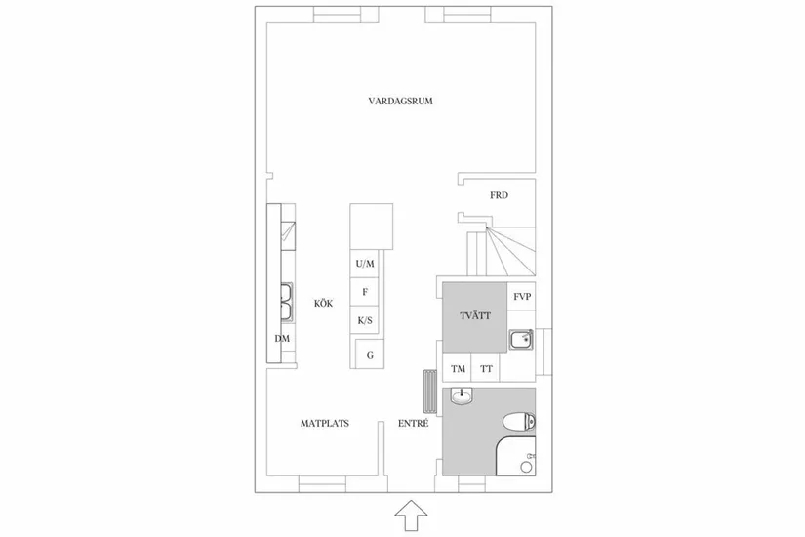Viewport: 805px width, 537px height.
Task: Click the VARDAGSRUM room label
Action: coord(400,102)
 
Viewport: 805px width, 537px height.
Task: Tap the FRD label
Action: coord(499,195)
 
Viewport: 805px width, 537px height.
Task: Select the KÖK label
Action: coord(324,304)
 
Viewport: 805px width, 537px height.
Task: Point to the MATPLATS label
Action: coord(325,424)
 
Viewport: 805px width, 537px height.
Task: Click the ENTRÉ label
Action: coord(413,424)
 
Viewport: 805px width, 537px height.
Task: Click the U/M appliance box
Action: coord(365,265)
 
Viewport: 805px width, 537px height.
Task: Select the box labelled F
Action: coord(365,292)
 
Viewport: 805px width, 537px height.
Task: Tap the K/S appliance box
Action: coord(365,320)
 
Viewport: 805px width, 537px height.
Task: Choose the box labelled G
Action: coord(370,355)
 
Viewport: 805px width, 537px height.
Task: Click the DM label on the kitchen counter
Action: coord(282,339)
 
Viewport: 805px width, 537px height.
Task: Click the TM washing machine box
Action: coord(458,369)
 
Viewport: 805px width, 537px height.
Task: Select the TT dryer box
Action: coord(486,369)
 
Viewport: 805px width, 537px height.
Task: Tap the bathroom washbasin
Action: coord(461,395)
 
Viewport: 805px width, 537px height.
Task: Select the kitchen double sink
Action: coord(288,302)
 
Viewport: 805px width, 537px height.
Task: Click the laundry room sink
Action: coord(520,339)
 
